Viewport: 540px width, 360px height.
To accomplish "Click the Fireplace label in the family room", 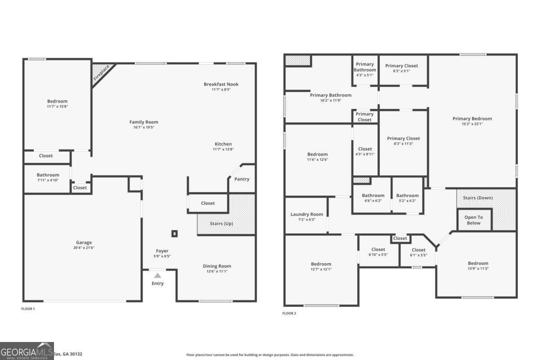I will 101,73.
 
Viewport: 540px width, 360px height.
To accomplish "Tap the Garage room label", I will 84,242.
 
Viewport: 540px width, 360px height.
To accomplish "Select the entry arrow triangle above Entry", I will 157,275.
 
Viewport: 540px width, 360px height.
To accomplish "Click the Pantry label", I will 242,179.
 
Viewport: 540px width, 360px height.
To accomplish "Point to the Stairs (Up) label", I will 221,223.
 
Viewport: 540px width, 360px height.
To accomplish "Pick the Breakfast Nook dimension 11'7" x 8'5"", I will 221,90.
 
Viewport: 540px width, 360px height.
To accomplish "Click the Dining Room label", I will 216,266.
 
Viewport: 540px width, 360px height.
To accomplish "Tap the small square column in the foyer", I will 175,234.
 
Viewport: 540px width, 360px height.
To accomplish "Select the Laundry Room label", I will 306,214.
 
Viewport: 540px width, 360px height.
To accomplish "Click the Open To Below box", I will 473,220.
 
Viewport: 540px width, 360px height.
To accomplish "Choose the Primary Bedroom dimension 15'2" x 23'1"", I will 472,124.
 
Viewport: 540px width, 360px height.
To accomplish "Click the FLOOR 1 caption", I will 28,309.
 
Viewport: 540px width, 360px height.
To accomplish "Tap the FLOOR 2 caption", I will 289,313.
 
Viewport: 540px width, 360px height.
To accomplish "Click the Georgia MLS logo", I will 27,351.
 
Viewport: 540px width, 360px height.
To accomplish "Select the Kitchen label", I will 223,144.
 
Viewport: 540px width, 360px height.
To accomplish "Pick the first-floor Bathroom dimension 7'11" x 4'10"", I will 48,180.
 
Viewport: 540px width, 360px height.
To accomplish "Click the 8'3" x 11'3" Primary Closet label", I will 403,144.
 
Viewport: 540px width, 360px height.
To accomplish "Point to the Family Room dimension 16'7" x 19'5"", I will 144,127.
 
